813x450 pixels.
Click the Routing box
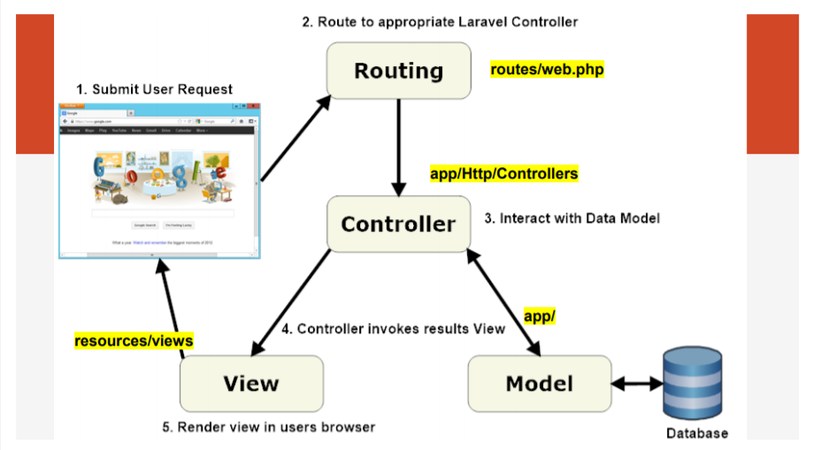pos(398,71)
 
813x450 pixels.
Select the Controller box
pos(398,224)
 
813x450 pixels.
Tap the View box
pos(250,384)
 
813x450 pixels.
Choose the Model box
pos(539,384)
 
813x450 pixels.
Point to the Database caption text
pos(697,433)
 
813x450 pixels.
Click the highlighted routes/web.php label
pos(548,69)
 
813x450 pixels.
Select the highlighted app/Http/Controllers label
pos(503,174)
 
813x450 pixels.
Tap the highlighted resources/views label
pos(134,340)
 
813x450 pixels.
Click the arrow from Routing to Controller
pos(399,146)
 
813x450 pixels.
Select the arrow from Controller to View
pos(292,301)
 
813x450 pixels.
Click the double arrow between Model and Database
pos(637,384)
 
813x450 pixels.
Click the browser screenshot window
pos(157,181)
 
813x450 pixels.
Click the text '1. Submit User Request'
pos(154,89)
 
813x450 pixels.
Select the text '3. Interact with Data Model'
pos(571,217)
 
